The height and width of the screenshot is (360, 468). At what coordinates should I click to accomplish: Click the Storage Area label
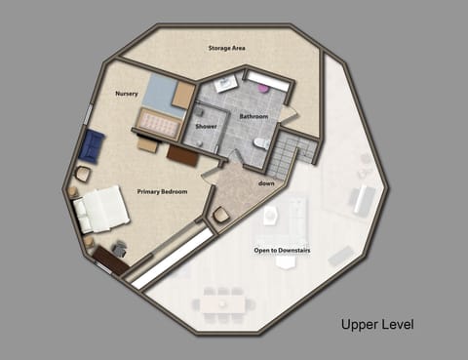[225, 47]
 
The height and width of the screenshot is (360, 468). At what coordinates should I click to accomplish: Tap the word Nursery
[127, 94]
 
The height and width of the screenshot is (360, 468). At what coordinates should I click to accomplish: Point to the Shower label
[206, 127]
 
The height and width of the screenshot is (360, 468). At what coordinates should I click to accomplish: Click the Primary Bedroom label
[162, 191]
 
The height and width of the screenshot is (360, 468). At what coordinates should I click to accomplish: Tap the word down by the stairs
[265, 182]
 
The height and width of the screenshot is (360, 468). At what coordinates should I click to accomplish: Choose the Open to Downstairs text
[283, 250]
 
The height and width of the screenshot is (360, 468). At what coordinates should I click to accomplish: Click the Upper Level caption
[376, 324]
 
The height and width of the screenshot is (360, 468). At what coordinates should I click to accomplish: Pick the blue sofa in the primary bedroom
[92, 147]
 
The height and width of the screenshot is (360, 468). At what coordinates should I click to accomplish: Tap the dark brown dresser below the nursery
[182, 154]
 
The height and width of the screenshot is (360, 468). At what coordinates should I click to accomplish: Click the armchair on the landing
[221, 215]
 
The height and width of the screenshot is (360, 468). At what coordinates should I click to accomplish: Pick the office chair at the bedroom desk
[119, 249]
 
